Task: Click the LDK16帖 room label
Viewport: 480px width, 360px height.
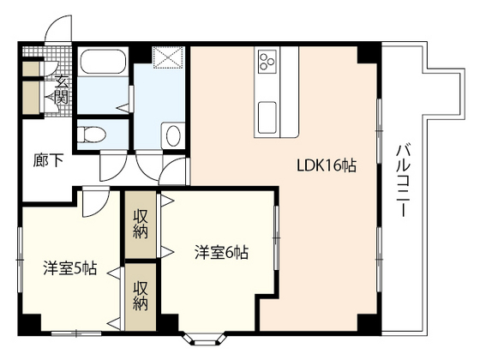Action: click(327, 165)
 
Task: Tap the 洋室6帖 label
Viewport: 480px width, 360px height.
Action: click(221, 253)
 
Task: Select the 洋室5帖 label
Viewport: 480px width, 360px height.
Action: click(70, 267)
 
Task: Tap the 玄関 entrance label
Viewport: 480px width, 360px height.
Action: click(62, 89)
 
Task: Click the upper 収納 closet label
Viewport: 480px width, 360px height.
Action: click(141, 225)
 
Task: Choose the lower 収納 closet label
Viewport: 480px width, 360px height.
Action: click(141, 296)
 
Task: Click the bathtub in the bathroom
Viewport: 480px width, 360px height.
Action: click(103, 62)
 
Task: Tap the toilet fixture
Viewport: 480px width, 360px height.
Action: click(91, 135)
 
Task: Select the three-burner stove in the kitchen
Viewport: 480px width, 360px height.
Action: click(267, 62)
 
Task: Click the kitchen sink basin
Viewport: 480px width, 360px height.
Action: click(267, 118)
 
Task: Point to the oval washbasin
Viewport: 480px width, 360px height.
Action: click(173, 135)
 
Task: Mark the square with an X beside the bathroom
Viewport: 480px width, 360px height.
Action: click(169, 57)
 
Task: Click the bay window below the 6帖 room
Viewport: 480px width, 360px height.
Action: click(205, 339)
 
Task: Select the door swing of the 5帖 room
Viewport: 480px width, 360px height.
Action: click(95, 204)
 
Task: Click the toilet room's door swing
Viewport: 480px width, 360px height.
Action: click(113, 165)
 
